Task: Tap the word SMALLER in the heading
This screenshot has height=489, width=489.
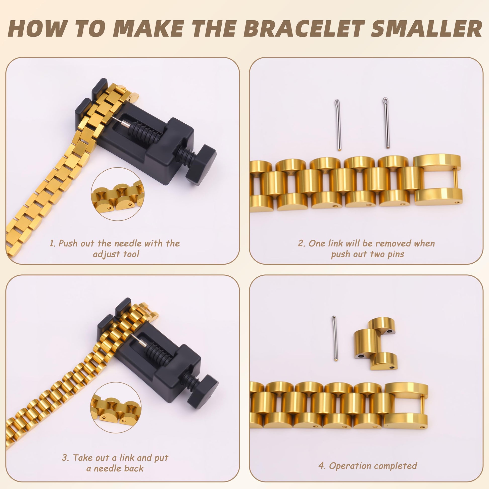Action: click(426, 29)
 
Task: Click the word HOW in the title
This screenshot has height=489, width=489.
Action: click(35, 29)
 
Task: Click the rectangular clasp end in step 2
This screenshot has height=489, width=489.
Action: click(437, 180)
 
